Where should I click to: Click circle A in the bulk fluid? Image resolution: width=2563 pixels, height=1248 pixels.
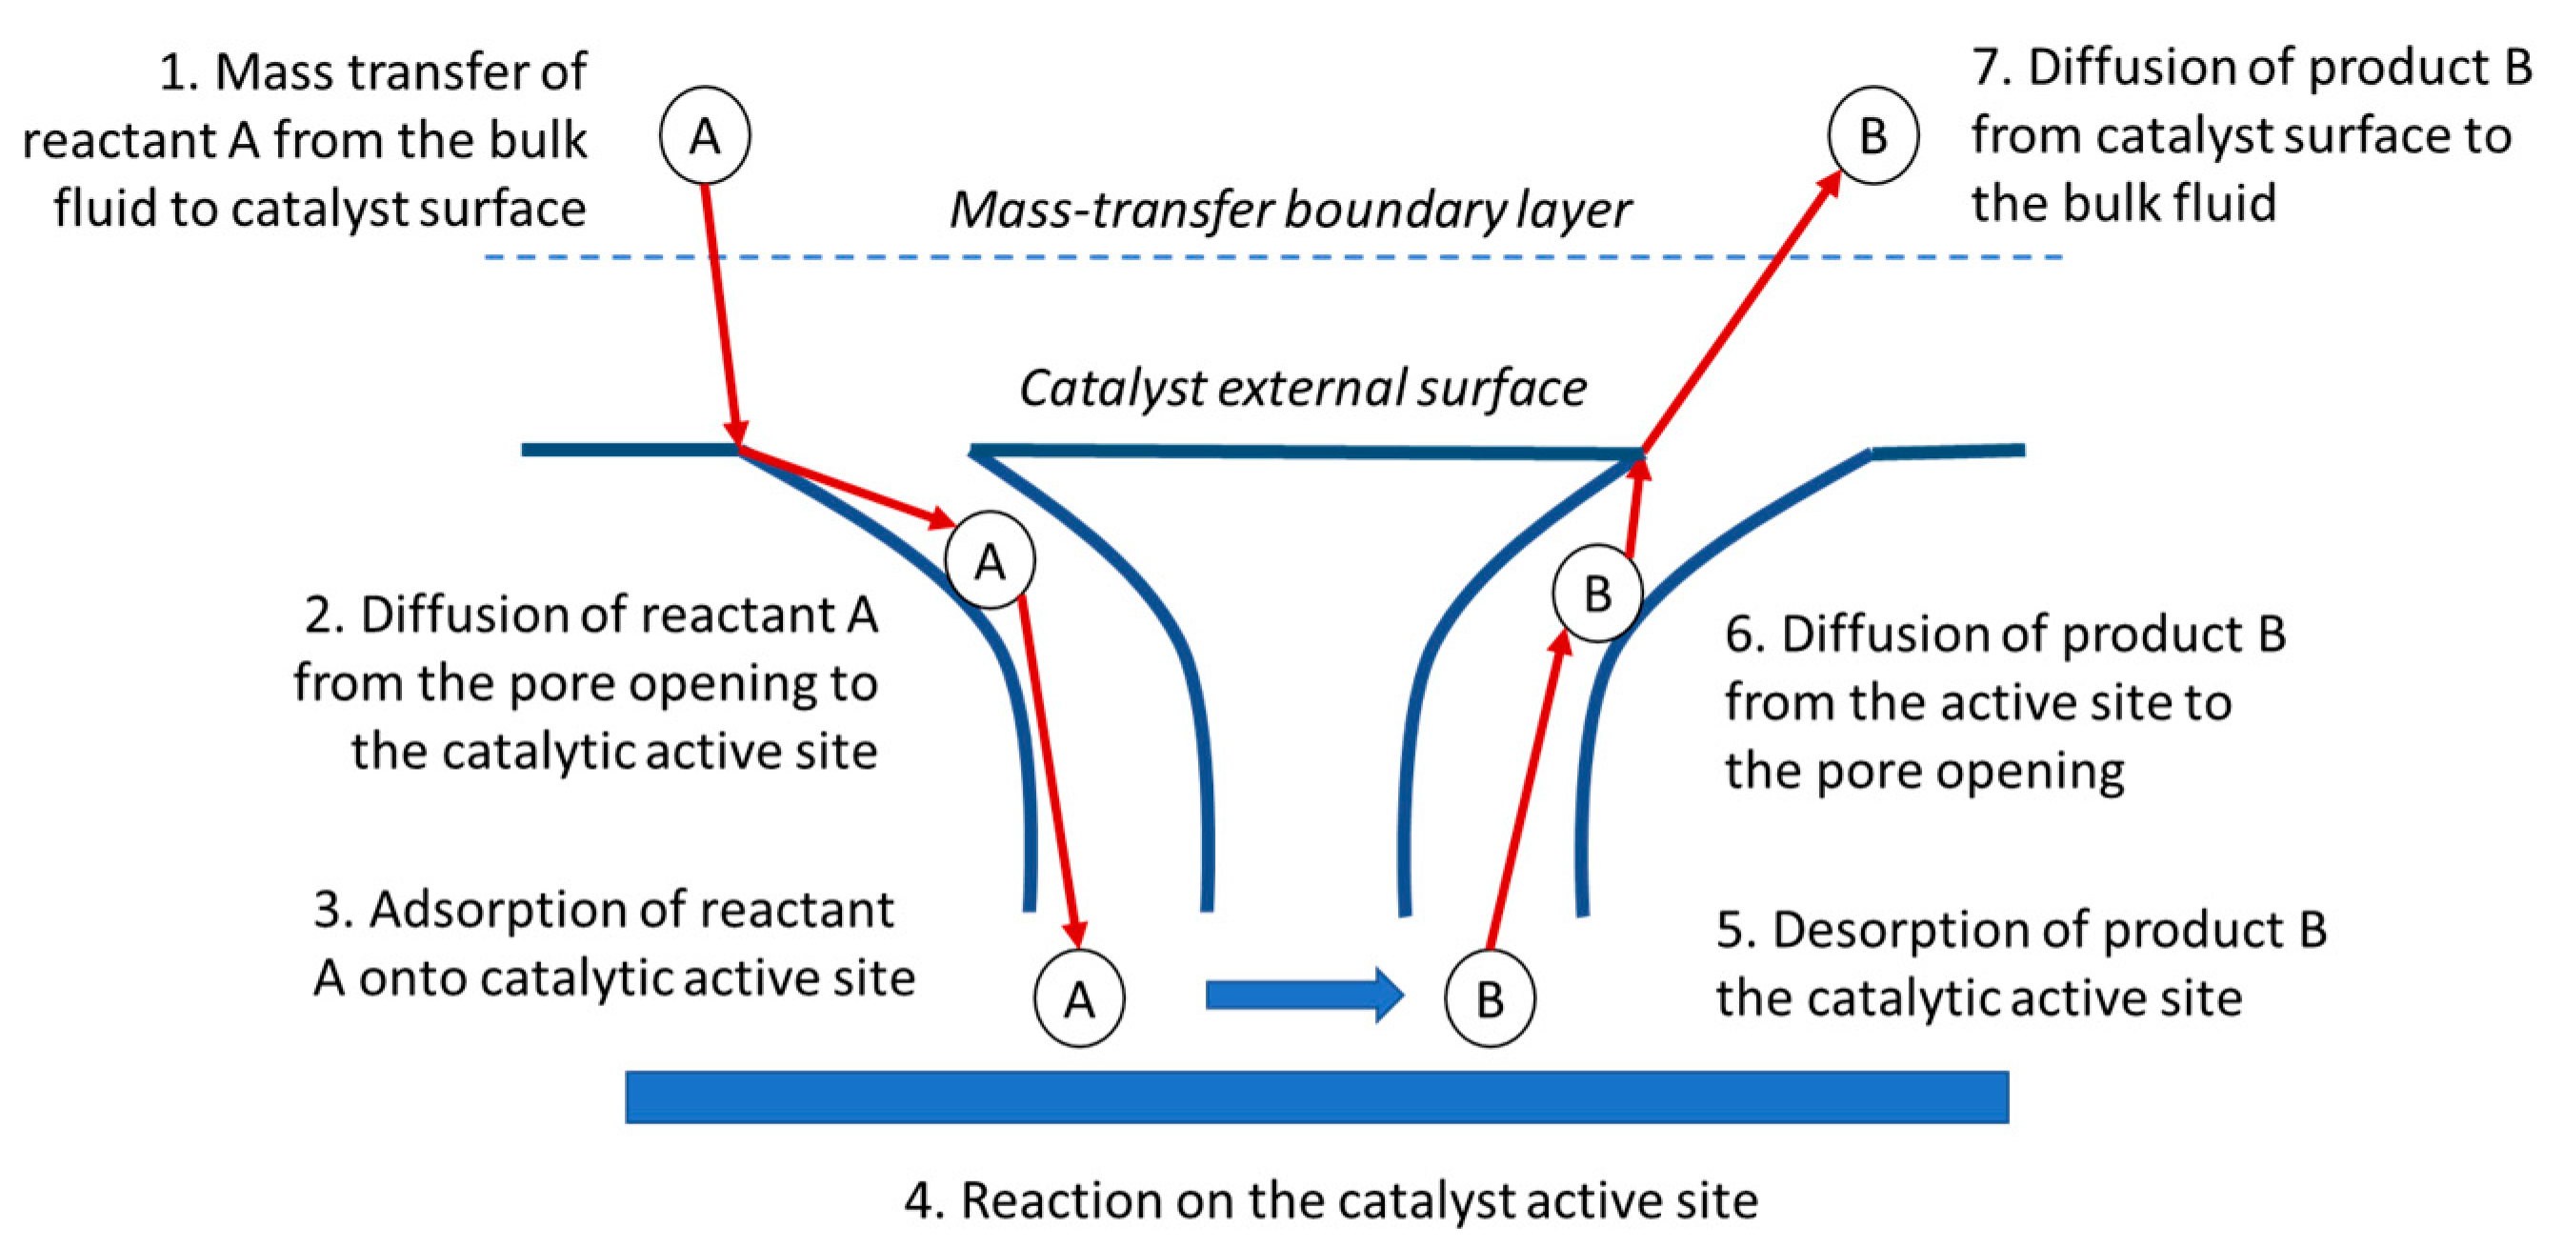[x=705, y=135]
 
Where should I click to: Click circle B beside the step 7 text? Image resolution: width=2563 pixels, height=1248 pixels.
[x=1872, y=135]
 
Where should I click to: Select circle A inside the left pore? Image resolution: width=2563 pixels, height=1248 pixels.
[x=989, y=561]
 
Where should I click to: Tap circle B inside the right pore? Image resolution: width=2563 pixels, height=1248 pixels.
[x=1597, y=594]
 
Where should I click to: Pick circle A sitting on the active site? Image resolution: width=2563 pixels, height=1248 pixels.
[x=1079, y=998]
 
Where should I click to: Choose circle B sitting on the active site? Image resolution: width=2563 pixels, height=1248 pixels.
[x=1490, y=998]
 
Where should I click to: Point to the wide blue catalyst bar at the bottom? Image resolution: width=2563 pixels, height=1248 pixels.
[x=1315, y=1097]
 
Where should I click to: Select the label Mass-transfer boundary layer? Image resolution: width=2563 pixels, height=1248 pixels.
[x=1290, y=210]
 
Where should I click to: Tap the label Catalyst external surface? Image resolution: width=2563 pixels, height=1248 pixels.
[x=1302, y=388]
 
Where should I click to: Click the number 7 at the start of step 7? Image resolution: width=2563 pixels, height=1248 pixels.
[x=1986, y=68]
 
